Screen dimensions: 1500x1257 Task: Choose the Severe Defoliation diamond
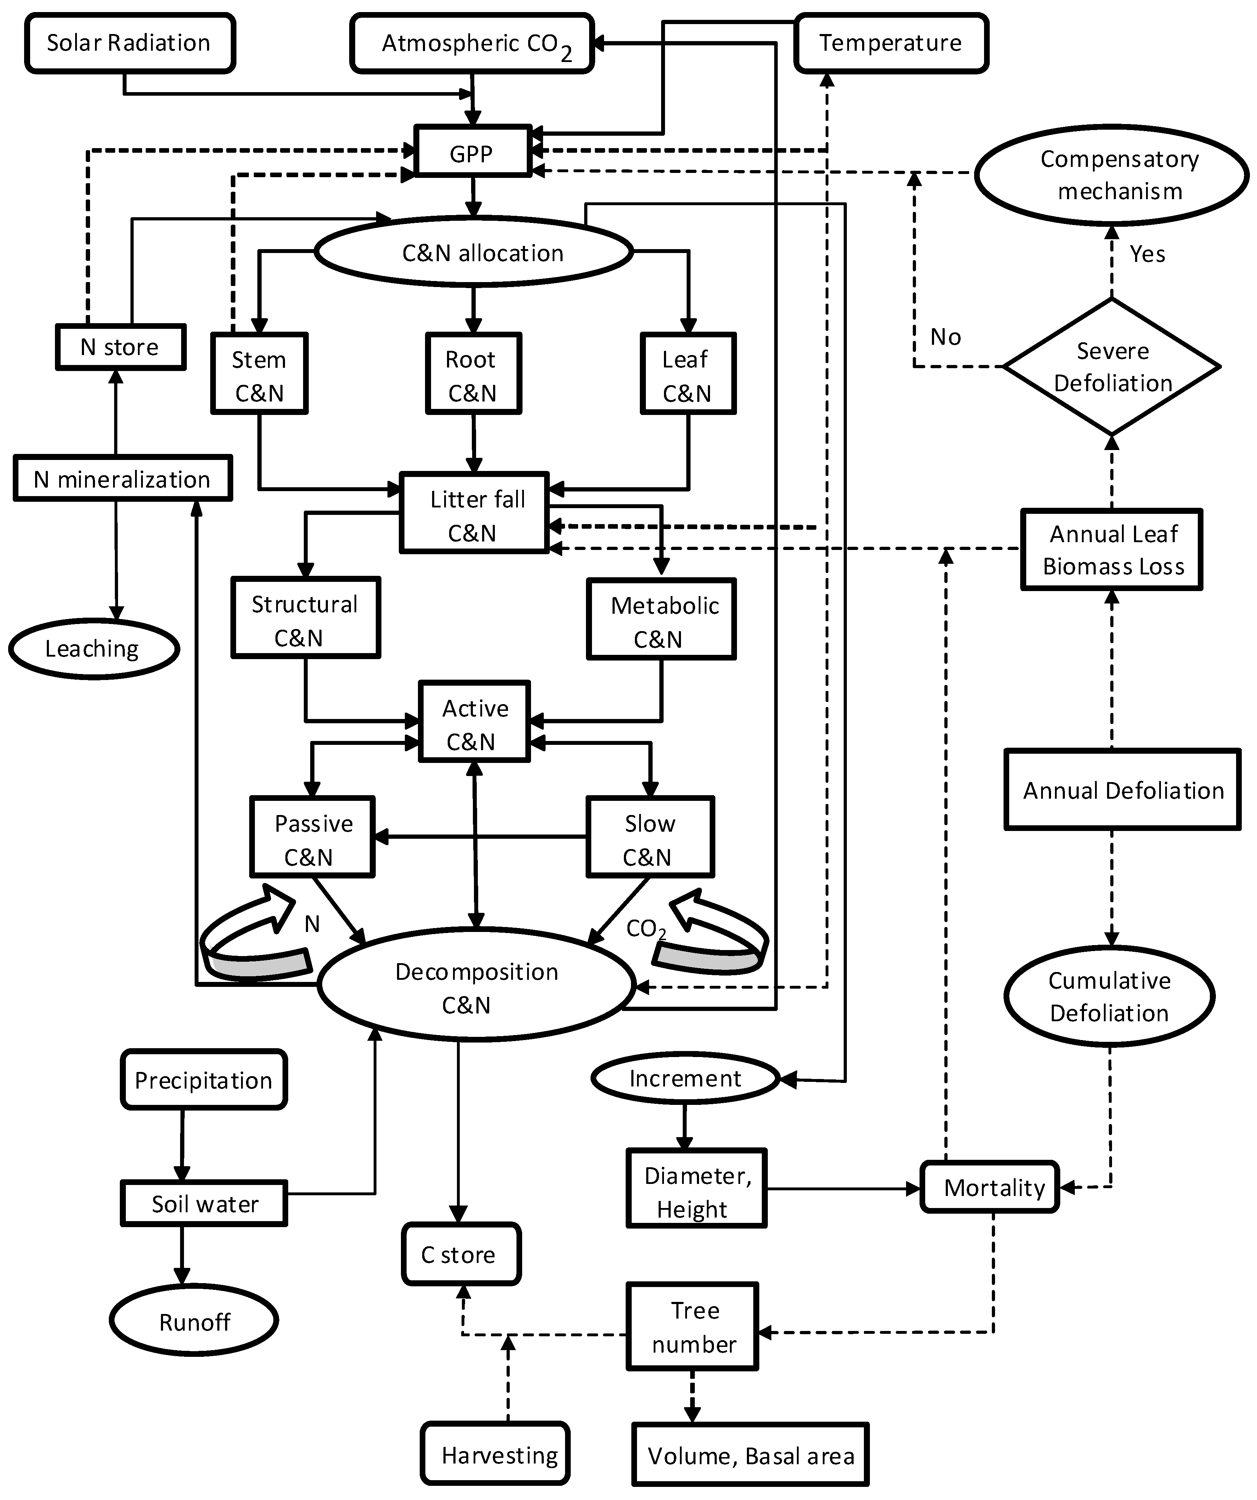(1111, 366)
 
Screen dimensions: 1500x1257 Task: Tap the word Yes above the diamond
(1147, 254)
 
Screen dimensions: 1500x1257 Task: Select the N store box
(120, 347)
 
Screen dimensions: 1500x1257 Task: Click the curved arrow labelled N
(254, 936)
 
